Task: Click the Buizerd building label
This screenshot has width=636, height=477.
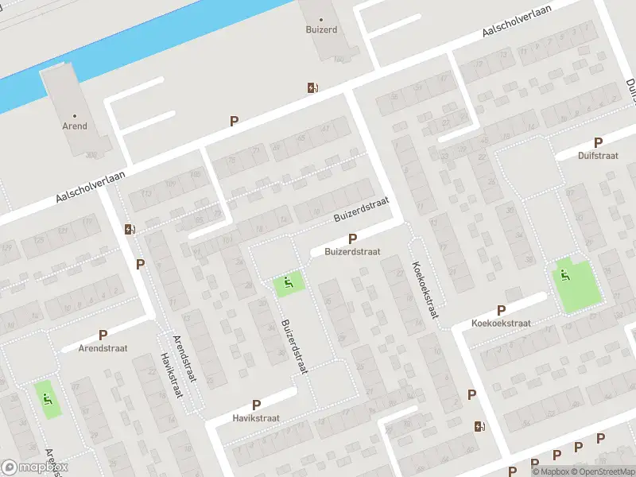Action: (321, 29)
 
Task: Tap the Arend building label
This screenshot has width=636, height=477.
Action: (75, 126)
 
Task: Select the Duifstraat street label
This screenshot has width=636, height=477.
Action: (598, 156)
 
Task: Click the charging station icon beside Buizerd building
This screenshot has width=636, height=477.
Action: (313, 88)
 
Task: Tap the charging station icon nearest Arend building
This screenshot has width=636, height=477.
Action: (130, 230)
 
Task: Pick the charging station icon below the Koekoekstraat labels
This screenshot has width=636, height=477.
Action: (479, 427)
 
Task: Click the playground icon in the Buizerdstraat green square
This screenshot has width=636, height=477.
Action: (288, 281)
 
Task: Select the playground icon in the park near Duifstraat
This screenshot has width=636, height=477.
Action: (565, 276)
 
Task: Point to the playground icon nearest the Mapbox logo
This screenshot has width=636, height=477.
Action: (48, 399)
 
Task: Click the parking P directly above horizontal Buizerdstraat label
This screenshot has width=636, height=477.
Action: (352, 238)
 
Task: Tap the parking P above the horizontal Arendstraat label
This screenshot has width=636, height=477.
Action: (103, 335)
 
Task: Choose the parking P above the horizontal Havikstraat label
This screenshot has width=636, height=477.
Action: (256, 405)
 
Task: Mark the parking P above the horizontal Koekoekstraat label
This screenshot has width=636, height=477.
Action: (501, 311)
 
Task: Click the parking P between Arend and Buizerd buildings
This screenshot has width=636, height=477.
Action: (234, 122)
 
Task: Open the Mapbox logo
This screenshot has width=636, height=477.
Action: (35, 467)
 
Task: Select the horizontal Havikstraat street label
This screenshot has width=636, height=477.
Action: (256, 418)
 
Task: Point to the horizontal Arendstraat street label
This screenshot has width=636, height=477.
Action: (103, 348)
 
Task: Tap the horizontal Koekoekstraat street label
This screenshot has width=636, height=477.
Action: (501, 324)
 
